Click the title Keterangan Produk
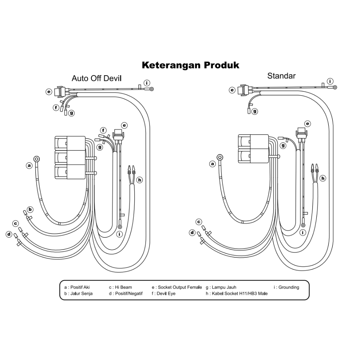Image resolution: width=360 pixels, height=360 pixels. (191, 65)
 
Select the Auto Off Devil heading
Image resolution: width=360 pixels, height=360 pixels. (96, 78)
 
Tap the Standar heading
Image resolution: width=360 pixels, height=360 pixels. (281, 76)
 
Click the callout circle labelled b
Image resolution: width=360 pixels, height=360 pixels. (30, 210)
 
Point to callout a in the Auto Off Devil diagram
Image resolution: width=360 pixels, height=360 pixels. (29, 165)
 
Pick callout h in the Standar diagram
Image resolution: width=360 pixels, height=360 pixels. (323, 178)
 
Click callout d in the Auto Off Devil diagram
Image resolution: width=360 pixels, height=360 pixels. (9, 234)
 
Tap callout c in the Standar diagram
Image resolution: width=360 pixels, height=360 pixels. (199, 222)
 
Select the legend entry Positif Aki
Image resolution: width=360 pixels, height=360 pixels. (77, 287)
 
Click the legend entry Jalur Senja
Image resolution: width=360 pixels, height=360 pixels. (78, 294)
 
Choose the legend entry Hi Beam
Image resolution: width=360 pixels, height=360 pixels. (121, 287)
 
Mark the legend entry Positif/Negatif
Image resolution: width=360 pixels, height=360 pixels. (126, 294)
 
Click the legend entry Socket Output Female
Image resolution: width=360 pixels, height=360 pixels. (177, 287)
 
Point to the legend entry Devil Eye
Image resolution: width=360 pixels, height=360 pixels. (163, 294)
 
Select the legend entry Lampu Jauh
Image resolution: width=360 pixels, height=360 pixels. (221, 287)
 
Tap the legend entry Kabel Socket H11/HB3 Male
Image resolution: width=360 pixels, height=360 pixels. (237, 294)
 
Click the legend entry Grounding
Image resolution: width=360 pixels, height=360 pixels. (286, 287)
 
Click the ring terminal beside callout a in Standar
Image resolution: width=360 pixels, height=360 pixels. (220, 157)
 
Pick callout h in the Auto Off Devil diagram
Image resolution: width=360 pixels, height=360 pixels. (140, 180)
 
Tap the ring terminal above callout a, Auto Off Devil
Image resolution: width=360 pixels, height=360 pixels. (37, 159)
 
